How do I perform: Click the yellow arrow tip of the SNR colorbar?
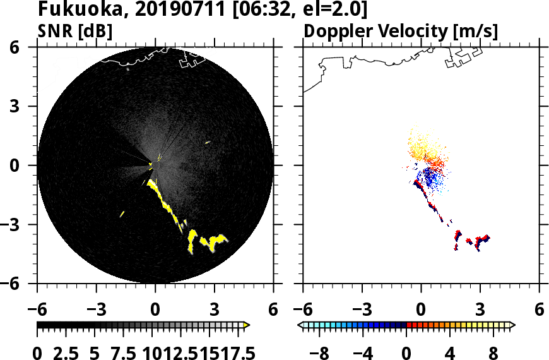tap(247, 325)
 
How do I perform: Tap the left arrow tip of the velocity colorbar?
tap(301, 325)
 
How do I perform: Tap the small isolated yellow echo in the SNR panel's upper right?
tap(208, 142)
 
